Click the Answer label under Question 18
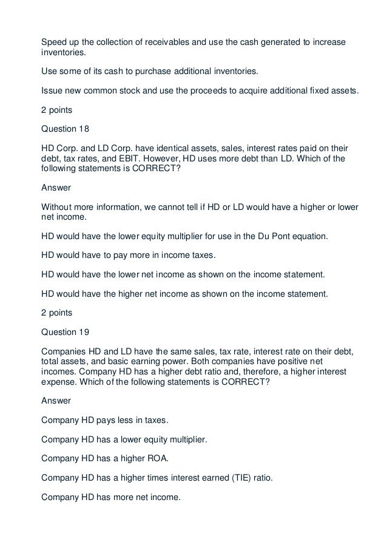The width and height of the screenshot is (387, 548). [x=56, y=188]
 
